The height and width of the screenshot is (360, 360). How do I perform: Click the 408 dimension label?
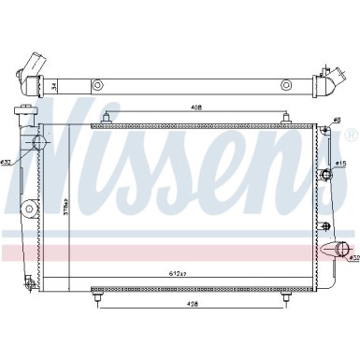(x=194, y=108)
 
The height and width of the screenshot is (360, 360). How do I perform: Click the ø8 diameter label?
(x=338, y=119)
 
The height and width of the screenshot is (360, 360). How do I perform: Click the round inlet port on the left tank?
(x=39, y=143)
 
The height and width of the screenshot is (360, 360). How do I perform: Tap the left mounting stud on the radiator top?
(x=108, y=120)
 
